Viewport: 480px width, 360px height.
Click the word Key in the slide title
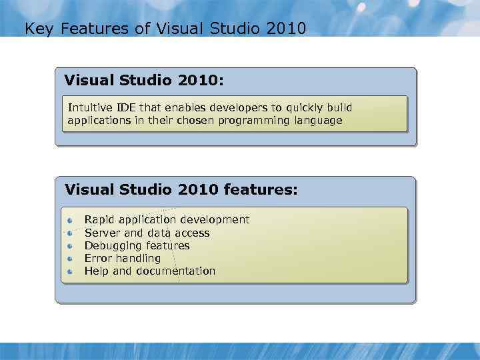tap(36, 29)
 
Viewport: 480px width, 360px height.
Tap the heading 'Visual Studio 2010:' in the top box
tap(143, 81)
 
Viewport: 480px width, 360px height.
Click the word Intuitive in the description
tap(90, 107)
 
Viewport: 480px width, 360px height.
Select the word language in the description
tap(317, 121)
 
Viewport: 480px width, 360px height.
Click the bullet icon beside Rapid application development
tap(71, 220)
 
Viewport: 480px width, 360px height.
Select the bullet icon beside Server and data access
tap(71, 233)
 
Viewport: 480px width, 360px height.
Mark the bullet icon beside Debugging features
tap(71, 246)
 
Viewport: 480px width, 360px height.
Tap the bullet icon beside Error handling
tap(71, 259)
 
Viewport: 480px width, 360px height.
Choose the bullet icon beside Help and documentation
tap(71, 271)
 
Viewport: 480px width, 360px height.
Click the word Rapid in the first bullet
tap(99, 219)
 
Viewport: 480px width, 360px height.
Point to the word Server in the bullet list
tap(103, 233)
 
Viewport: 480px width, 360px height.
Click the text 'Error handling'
tap(122, 258)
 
